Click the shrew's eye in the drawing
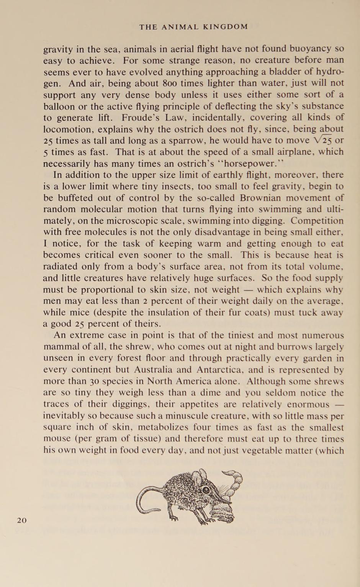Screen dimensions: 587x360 click(x=206, y=490)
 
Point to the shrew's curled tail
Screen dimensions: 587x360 click(x=144, y=500)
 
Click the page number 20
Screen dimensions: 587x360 click(x=22, y=520)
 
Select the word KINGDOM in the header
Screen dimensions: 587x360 click(x=226, y=27)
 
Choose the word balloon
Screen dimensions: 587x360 click(x=59, y=106)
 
